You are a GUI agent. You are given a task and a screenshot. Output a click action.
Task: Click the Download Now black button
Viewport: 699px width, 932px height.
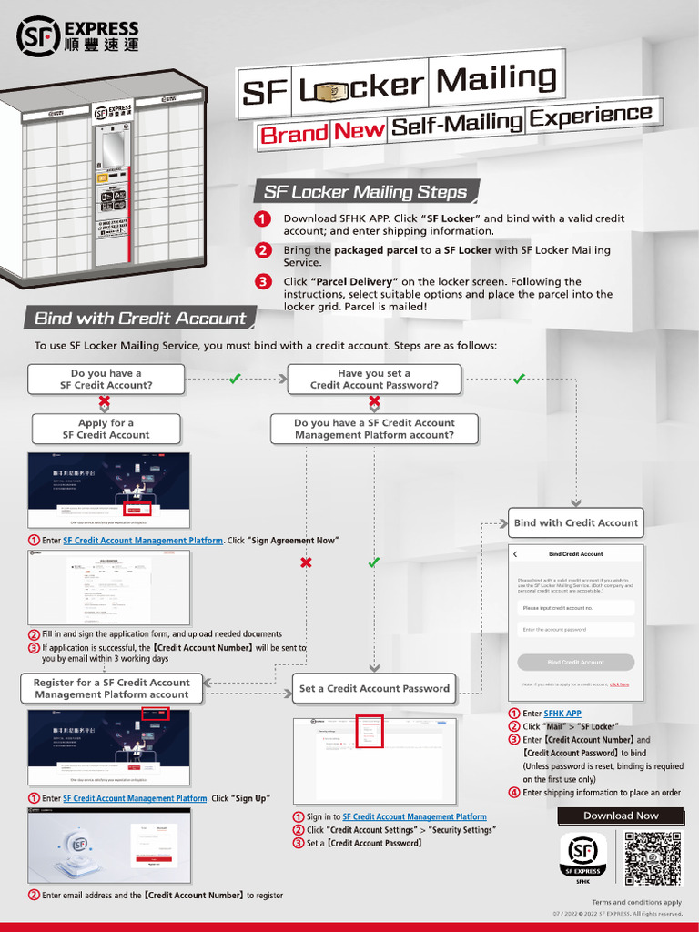coord(621,815)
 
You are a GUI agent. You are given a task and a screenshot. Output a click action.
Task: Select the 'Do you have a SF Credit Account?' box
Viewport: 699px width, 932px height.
coord(106,380)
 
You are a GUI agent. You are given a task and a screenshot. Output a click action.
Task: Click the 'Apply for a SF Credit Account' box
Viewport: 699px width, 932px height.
coord(106,429)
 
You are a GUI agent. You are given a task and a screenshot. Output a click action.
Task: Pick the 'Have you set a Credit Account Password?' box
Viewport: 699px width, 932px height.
coord(374,380)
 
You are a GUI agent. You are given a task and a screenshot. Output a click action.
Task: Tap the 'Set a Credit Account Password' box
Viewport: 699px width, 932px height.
coord(374,689)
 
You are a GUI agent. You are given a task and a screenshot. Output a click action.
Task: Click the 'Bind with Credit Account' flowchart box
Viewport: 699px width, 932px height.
coord(575,523)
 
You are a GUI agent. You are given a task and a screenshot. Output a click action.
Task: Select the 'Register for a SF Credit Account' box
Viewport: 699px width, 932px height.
coord(112,688)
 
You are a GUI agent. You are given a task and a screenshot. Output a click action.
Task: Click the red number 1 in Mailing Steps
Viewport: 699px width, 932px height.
coord(262,219)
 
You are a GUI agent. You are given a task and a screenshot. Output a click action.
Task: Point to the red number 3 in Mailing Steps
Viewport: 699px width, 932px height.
coord(262,282)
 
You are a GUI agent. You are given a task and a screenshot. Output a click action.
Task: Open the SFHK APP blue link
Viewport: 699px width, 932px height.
coord(562,714)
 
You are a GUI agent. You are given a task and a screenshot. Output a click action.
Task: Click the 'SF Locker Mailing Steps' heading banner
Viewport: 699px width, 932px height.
coord(365,192)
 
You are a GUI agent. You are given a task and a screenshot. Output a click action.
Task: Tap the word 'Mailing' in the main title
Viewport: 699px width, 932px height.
coord(496,80)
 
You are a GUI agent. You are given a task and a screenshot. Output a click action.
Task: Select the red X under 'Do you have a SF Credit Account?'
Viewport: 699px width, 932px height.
coord(106,401)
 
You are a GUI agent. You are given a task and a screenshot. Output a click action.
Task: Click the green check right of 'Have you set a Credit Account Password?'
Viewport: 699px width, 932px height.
coord(519,379)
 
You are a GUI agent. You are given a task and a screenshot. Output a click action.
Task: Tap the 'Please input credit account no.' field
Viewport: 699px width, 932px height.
coord(575,608)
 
